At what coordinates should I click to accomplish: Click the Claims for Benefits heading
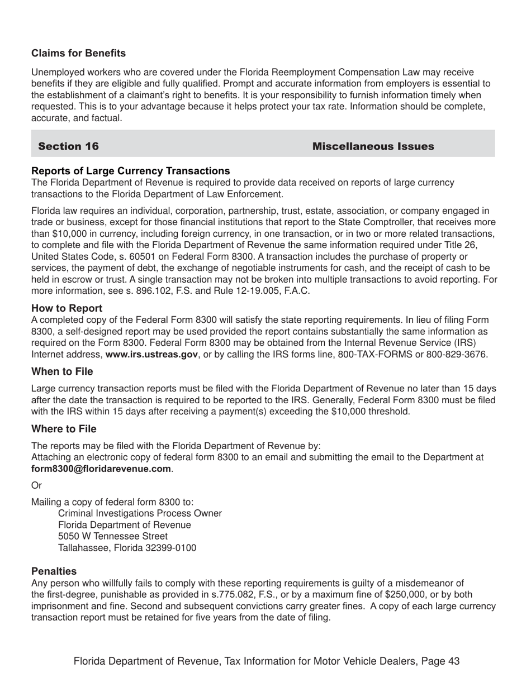click(x=78, y=53)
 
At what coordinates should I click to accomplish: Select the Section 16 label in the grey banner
click(x=68, y=146)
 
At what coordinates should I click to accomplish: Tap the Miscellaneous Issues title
click(x=373, y=146)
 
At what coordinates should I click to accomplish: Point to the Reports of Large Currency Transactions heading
click(x=130, y=171)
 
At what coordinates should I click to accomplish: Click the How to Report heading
click(x=67, y=308)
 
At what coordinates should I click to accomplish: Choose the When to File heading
click(x=62, y=371)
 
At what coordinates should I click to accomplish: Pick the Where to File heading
click(x=64, y=429)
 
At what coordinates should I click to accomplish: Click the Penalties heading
click(x=54, y=571)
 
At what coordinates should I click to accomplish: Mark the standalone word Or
click(x=37, y=485)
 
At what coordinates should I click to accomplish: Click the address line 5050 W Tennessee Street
click(x=112, y=536)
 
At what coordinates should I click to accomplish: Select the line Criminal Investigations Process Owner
click(x=140, y=513)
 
